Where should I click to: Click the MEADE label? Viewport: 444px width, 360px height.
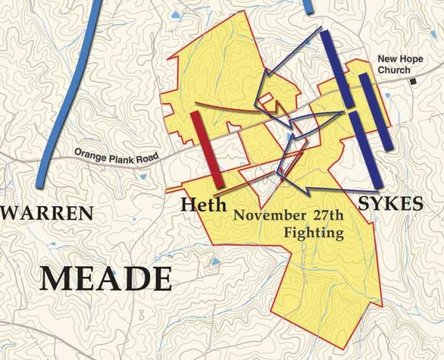pyautogui.click(x=105, y=278)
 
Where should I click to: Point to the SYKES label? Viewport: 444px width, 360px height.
pyautogui.click(x=390, y=203)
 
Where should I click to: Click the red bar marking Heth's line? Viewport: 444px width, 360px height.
pyautogui.click(x=206, y=149)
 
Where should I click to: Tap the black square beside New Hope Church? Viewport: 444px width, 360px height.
pyautogui.click(x=415, y=81)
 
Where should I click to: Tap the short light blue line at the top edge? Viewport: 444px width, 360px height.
pyautogui.click(x=308, y=5)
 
